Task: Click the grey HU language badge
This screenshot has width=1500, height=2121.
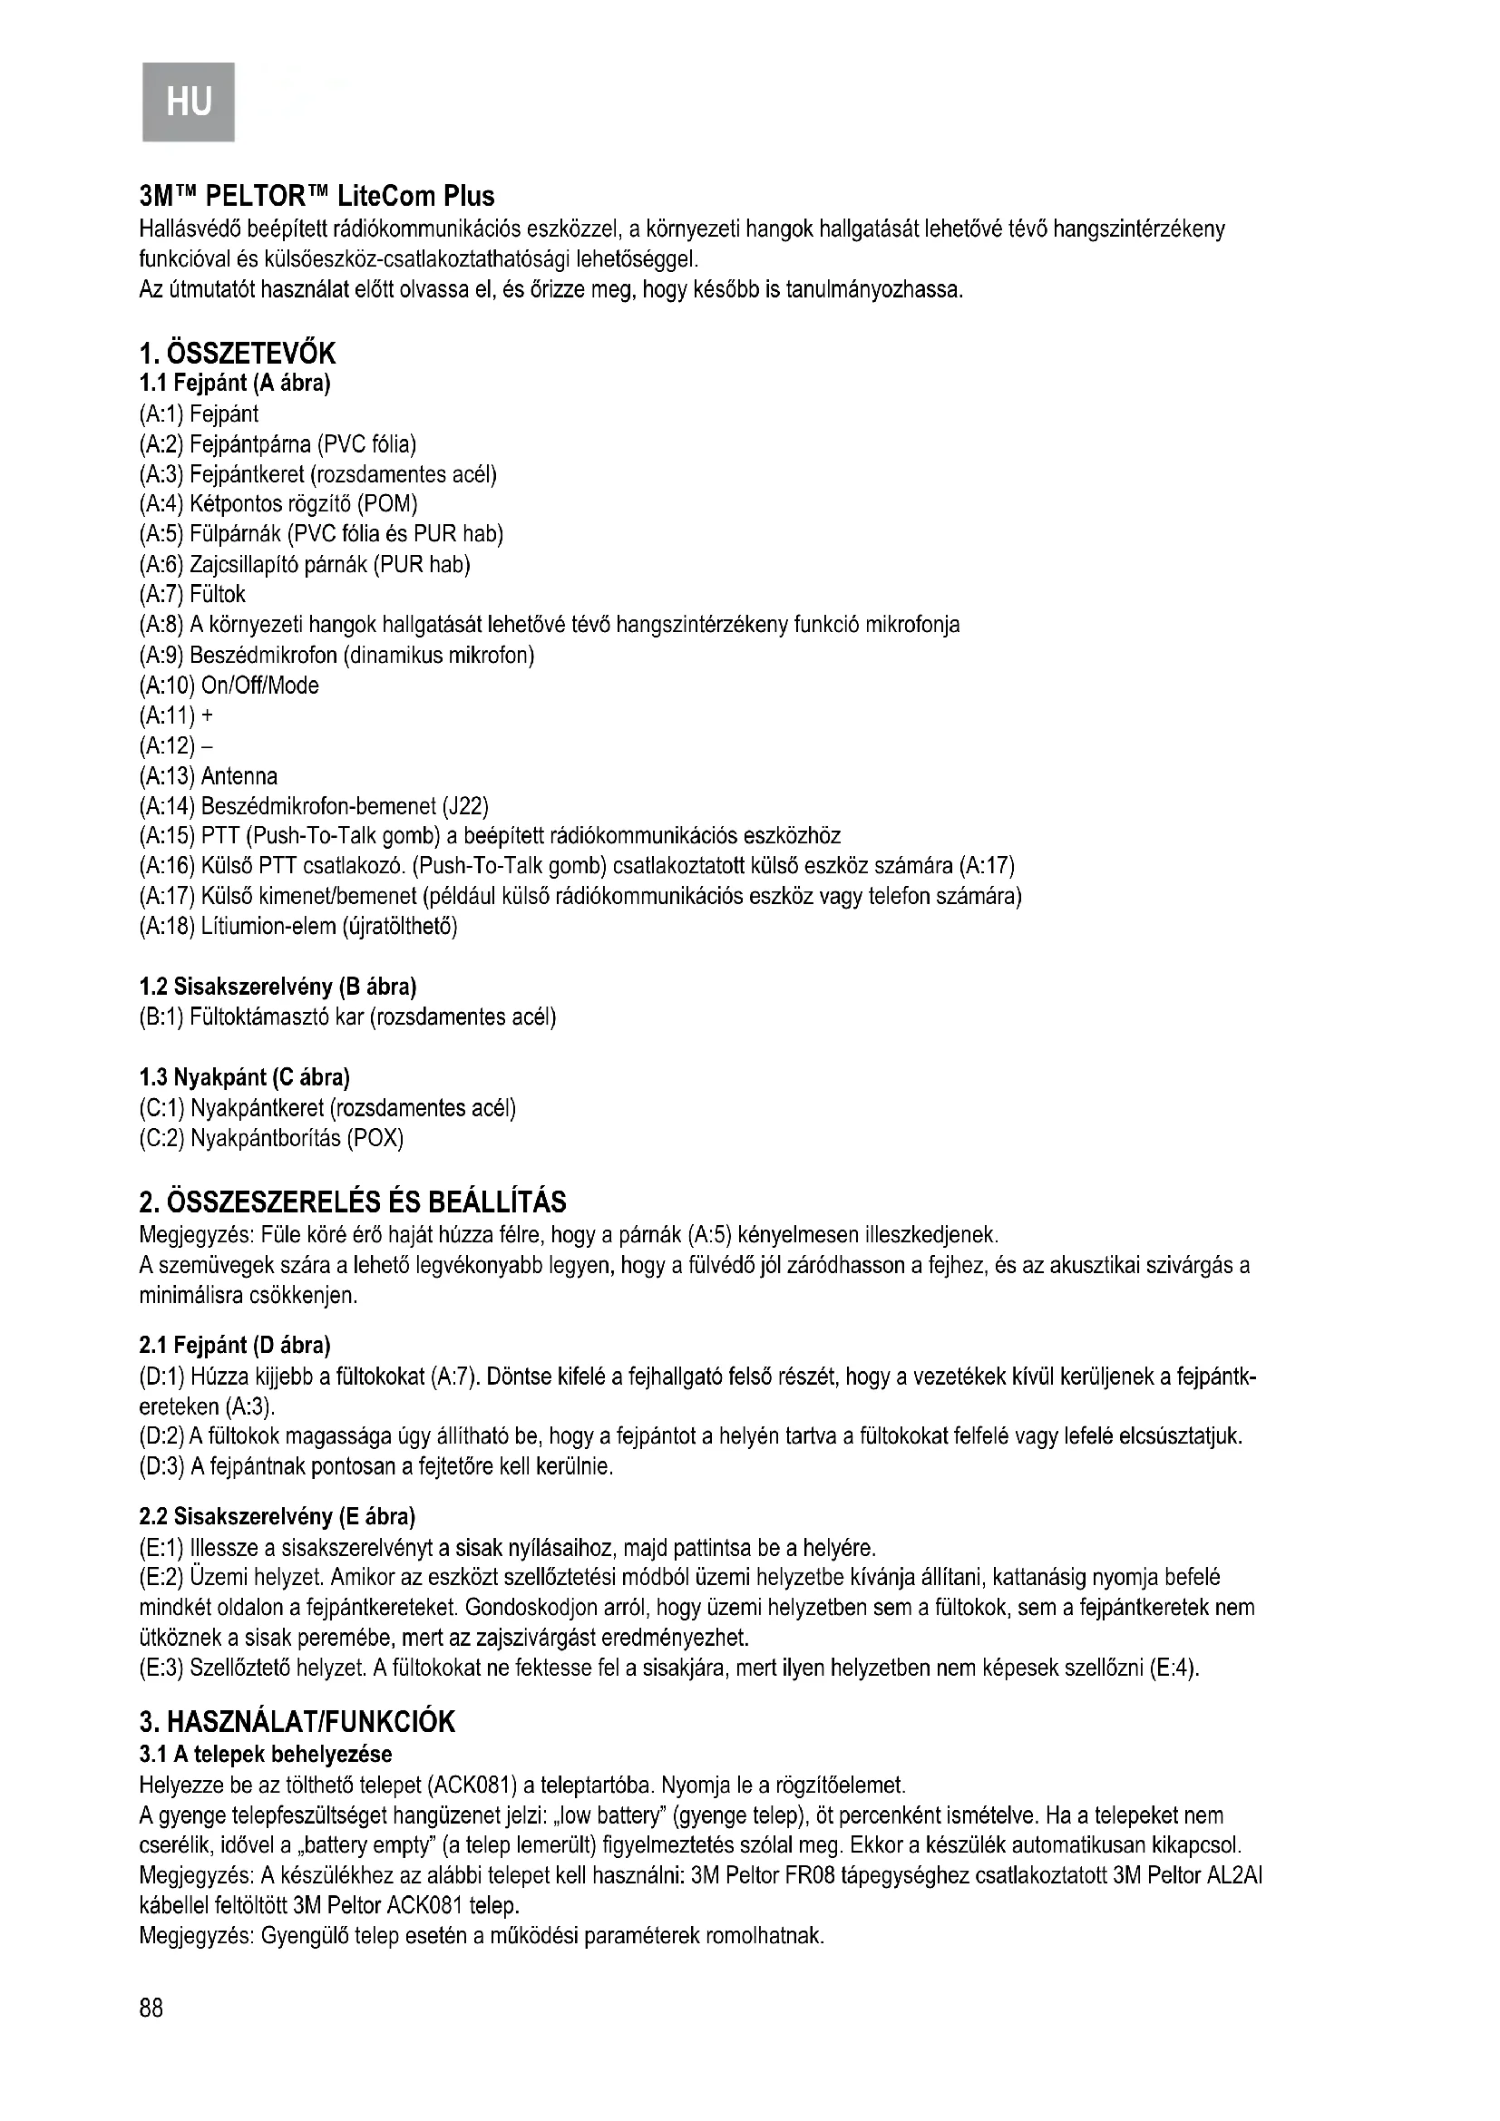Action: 189,101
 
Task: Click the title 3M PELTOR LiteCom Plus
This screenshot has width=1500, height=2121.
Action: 316,197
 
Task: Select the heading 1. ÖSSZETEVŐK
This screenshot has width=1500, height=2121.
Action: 238,353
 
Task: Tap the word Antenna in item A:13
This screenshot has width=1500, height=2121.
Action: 239,776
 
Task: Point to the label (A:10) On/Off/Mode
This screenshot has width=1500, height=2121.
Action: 229,686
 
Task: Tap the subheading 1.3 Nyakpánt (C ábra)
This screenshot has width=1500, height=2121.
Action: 244,1077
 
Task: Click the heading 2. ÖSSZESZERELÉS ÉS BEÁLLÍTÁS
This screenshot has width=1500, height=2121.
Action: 352,1202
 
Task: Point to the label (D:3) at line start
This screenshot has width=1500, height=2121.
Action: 161,1466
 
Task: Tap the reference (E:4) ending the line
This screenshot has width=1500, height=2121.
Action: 1174,1669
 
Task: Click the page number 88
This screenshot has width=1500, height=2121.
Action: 151,2006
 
